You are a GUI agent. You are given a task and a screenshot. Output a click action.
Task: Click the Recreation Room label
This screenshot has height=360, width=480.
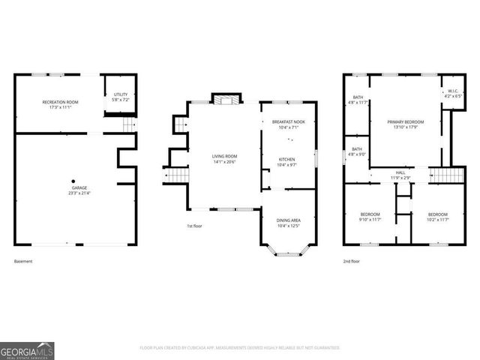(59, 105)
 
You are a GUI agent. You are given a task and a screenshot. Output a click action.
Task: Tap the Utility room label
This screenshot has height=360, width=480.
(121, 96)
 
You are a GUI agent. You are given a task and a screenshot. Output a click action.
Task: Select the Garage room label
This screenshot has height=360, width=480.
(73, 191)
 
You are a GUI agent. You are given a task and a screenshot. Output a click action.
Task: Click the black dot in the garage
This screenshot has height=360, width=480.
(73, 181)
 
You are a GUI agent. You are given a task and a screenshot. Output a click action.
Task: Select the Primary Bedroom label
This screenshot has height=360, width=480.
(406, 124)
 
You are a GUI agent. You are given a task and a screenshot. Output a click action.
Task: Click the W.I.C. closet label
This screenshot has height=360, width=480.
(453, 94)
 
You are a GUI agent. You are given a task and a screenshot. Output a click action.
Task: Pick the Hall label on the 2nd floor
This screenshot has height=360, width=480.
(400, 175)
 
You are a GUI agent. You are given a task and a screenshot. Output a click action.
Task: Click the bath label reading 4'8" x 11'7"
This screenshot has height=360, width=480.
(358, 99)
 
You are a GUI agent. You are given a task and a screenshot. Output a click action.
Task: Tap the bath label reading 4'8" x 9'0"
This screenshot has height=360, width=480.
(358, 151)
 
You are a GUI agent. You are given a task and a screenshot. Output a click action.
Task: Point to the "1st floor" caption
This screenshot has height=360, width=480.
(195, 226)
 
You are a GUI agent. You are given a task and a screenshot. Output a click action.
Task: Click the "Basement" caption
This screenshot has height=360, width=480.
(23, 261)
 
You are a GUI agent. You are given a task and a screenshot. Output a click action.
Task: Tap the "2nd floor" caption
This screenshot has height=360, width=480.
(352, 261)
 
